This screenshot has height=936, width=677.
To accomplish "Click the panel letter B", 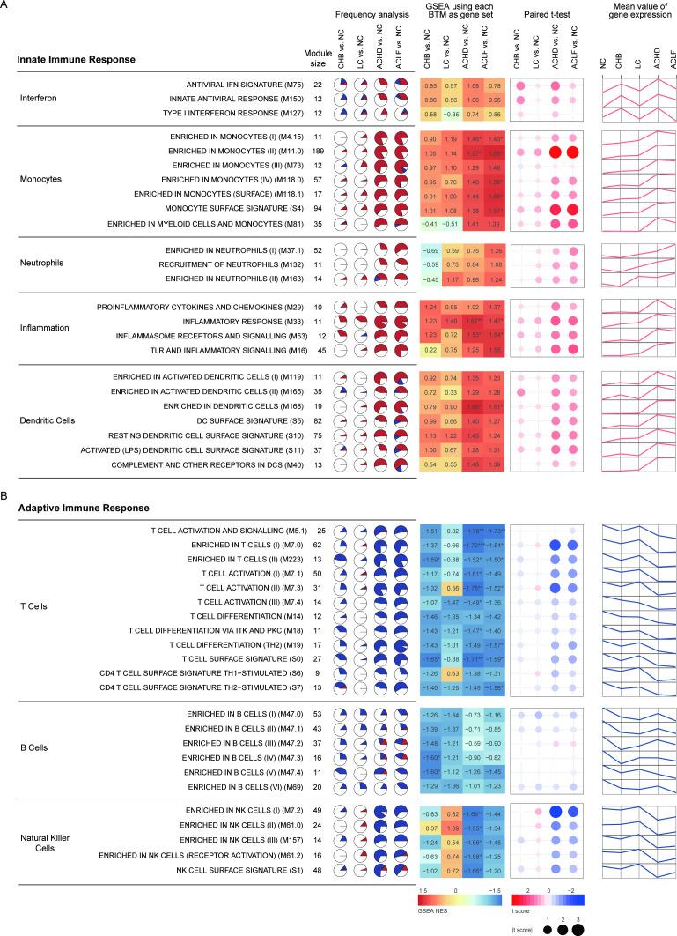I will point(5,497).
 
